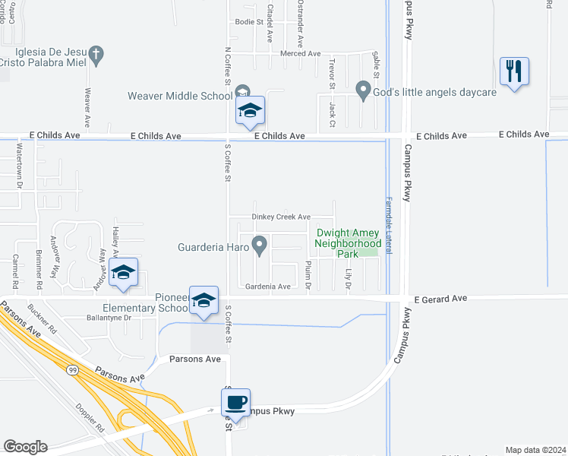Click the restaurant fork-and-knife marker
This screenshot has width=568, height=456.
pyautogui.click(x=514, y=72)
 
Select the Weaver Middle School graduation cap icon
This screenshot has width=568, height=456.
pyautogui.click(x=250, y=111)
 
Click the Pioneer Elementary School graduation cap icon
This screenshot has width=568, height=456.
pyautogui.click(x=204, y=301)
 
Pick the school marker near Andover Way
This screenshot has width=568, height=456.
pyautogui.click(x=123, y=273)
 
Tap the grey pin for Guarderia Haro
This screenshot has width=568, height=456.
pyautogui.click(x=260, y=245)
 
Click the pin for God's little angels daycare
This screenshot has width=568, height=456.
pyautogui.click(x=363, y=91)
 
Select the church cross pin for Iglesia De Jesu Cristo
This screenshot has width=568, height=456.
pyautogui.click(x=95, y=55)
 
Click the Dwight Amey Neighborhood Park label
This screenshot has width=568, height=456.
pyautogui.click(x=347, y=243)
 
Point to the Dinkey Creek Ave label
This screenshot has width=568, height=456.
pyautogui.click(x=282, y=217)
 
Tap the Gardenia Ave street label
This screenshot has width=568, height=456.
pyautogui.click(x=268, y=287)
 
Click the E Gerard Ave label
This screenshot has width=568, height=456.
pyautogui.click(x=440, y=299)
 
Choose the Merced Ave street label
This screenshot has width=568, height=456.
pyautogui.click(x=301, y=54)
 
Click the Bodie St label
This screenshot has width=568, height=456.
pyautogui.click(x=248, y=22)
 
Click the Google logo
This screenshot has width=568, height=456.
pyautogui.click(x=25, y=447)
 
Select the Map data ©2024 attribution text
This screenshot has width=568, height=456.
pyautogui.click(x=535, y=450)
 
